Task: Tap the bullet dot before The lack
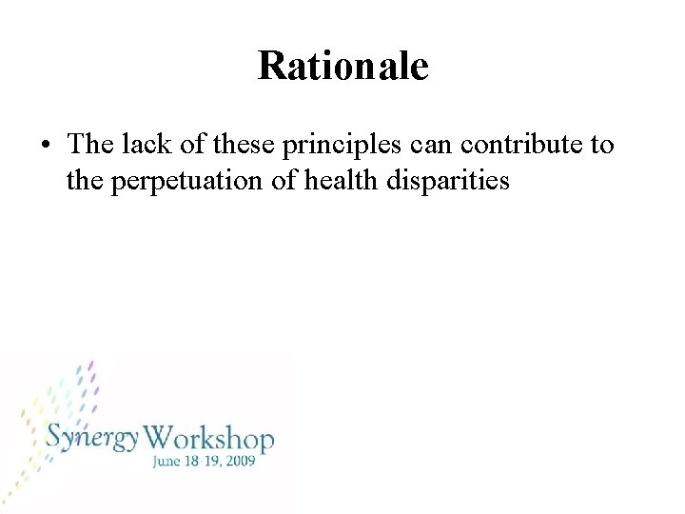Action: (x=46, y=147)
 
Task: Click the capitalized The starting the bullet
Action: (x=91, y=145)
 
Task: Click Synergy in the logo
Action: (x=93, y=439)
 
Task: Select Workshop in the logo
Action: (x=211, y=439)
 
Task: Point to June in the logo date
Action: (x=166, y=463)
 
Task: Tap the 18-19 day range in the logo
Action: (x=207, y=463)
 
